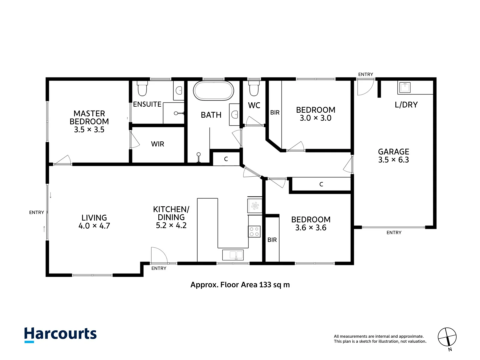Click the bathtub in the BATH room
coord(213,91)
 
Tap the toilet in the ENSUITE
coord(142,88)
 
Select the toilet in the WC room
coord(254,88)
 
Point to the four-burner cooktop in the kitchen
coord(254,231)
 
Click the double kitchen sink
coord(233,255)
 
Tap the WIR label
coord(157,144)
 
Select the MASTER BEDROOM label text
coord(89,117)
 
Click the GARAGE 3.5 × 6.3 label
coord(393,156)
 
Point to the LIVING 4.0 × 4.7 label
coord(94,222)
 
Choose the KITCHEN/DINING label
coord(171,213)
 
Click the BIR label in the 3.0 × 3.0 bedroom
coord(275,113)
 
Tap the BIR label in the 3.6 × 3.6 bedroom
coord(272,240)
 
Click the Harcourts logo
coord(60,335)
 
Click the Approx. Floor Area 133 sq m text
coord(240,285)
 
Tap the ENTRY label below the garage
coord(394,233)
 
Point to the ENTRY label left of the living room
coord(37,212)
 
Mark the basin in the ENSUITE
coord(179,90)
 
